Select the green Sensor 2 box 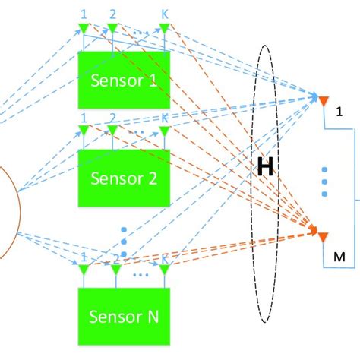coord(124,178)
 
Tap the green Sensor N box coord(124,317)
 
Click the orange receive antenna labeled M coord(322,236)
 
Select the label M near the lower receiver coord(339,258)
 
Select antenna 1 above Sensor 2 coord(84,131)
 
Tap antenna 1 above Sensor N coord(84,270)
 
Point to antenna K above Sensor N coord(164,270)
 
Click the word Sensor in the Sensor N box coord(112,317)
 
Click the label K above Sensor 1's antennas coord(165,14)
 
